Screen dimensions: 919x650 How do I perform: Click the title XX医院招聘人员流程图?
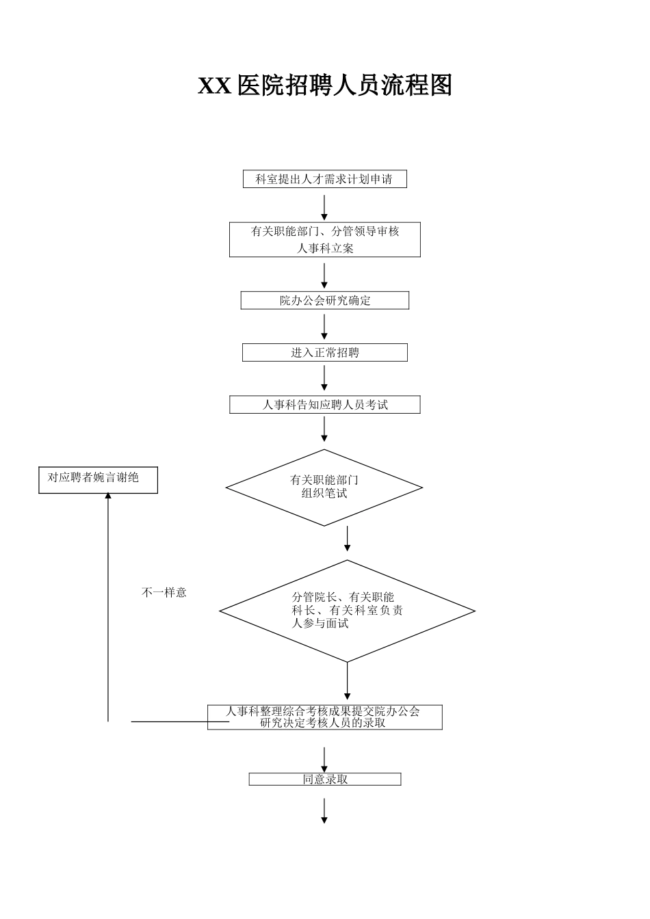coord(325,86)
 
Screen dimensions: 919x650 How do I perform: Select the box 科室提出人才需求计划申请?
coord(325,179)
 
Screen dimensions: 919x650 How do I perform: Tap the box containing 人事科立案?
coord(325,240)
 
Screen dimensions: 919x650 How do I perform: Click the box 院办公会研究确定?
coord(325,301)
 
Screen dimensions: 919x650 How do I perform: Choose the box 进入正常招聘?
coord(325,353)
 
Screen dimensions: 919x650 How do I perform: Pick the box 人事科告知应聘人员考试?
coord(325,405)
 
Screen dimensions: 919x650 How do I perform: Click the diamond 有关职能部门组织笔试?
coord(324,488)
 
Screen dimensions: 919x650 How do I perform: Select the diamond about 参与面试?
coord(347,611)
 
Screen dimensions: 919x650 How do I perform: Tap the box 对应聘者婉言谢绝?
coord(98,479)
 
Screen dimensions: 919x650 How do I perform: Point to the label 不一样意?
coord(164,593)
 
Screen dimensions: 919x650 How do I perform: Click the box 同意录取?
coord(325,780)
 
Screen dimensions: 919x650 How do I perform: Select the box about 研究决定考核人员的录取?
coord(325,717)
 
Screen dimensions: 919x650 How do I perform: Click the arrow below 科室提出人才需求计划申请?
coord(324,208)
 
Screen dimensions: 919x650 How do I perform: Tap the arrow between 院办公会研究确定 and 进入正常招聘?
coord(324,327)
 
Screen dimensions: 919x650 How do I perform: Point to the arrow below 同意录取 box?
coord(324,810)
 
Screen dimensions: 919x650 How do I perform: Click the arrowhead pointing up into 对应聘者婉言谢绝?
coord(108,497)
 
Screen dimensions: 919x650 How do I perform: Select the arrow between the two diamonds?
coord(348,540)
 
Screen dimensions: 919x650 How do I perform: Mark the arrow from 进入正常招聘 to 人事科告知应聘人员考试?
coord(324,379)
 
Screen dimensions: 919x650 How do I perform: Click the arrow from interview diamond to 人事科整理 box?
coord(348,682)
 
